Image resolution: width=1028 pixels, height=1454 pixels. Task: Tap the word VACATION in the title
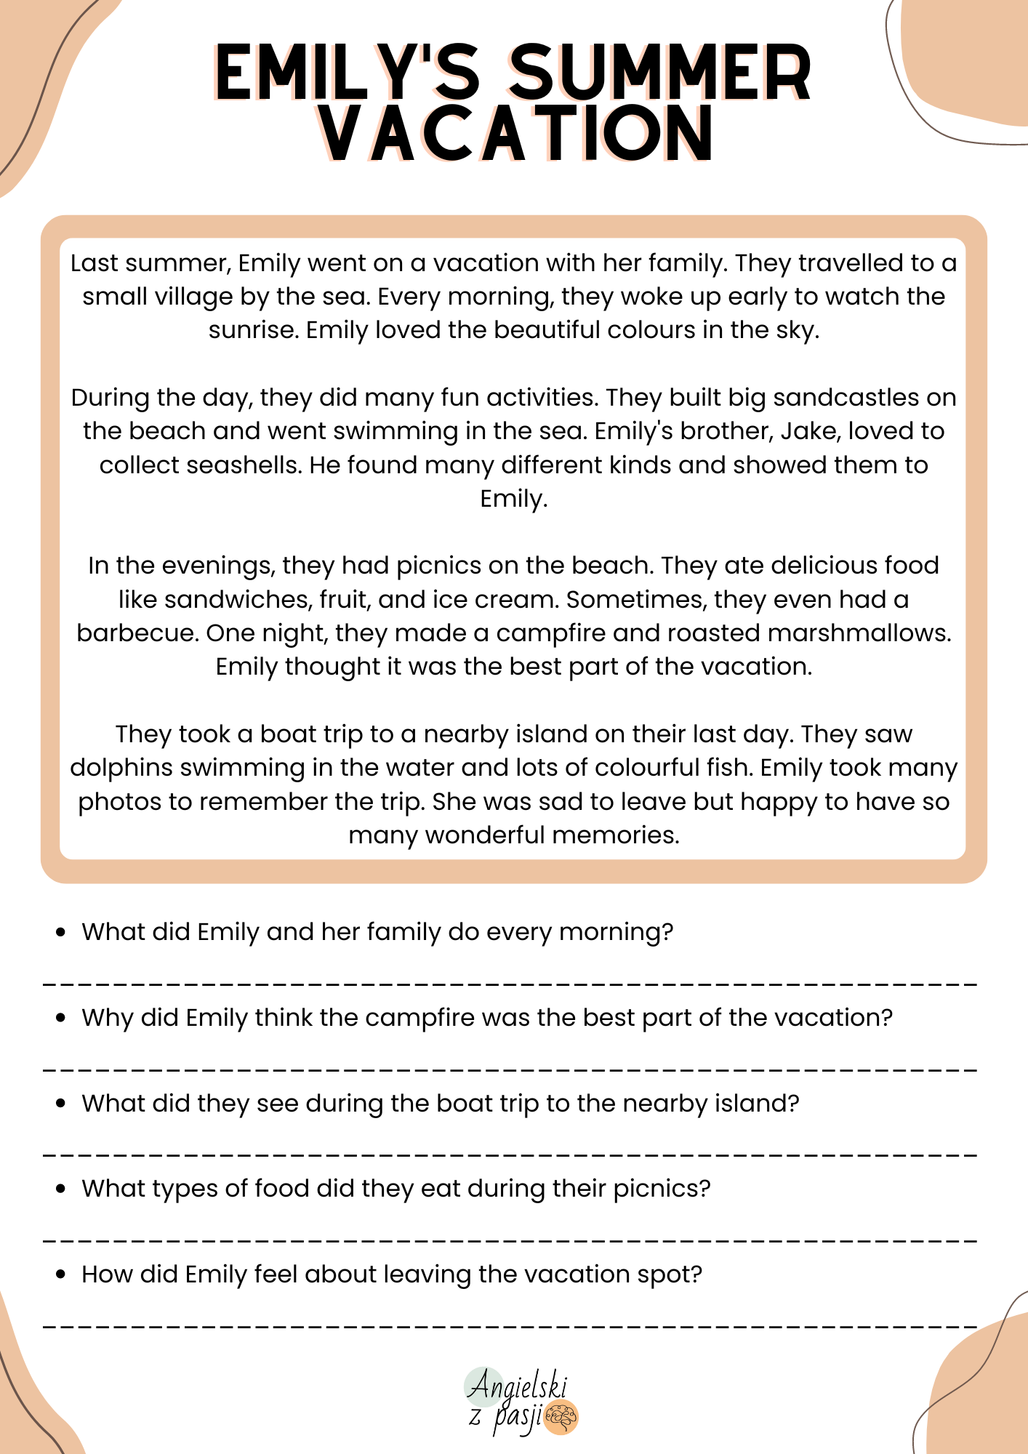tap(516, 134)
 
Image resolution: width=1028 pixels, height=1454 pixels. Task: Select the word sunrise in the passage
tap(253, 330)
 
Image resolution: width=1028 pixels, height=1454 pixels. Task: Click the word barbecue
tap(137, 633)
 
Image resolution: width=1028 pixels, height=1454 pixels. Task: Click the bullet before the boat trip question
tap(61, 1104)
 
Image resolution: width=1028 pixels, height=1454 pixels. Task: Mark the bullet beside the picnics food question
tap(61, 1189)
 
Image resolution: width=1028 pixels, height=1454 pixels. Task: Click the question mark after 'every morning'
tap(667, 932)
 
